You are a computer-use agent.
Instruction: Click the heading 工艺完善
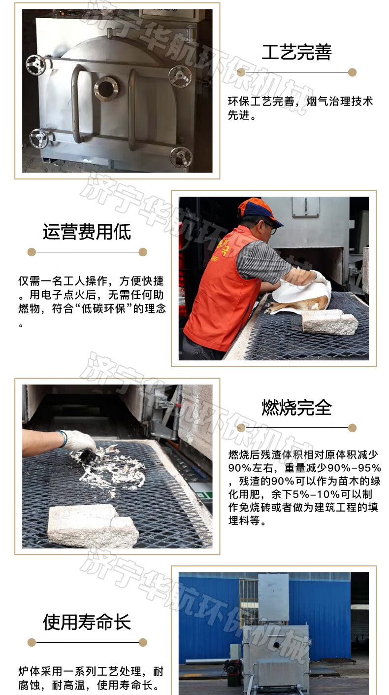296,52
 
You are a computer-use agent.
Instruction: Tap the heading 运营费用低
87,232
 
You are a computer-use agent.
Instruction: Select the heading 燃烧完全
296,408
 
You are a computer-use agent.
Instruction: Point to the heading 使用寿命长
87,622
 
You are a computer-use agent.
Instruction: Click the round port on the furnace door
106,88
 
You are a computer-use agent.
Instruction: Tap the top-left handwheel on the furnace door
36,65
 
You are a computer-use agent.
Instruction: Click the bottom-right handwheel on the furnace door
181,157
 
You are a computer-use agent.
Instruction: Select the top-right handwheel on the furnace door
180,75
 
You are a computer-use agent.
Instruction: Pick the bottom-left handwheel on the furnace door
39,139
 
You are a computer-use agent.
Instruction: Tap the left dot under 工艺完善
241,72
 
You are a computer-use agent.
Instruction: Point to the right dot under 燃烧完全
353,428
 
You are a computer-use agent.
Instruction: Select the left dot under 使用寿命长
32,642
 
